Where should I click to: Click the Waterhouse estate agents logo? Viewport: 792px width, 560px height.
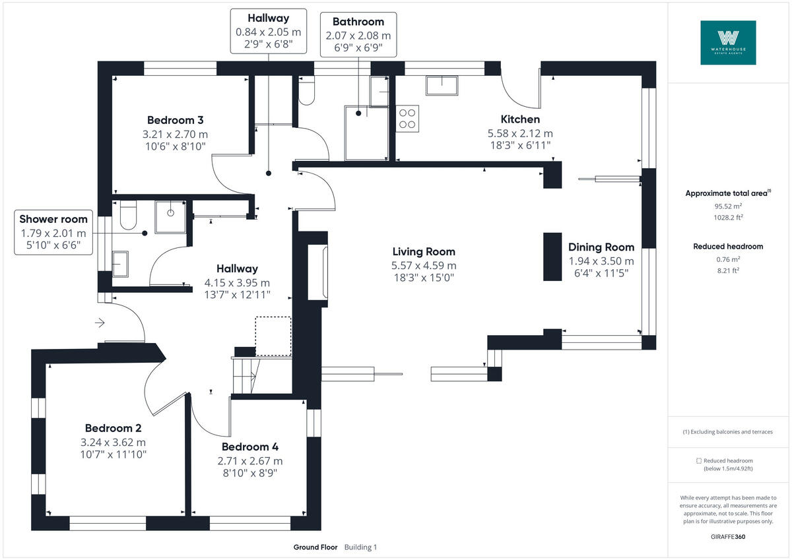point(728,42)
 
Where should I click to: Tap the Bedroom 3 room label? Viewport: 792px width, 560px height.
point(175,120)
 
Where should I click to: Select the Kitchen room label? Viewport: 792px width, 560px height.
point(520,119)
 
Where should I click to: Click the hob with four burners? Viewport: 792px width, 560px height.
point(407,118)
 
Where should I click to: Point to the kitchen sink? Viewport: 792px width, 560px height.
point(442,86)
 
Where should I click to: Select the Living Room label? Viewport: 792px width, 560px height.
point(424,251)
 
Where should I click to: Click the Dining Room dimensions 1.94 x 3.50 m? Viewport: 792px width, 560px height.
point(601,261)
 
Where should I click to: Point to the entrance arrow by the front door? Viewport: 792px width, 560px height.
point(100,323)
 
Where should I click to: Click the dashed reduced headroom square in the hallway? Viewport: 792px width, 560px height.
point(273,336)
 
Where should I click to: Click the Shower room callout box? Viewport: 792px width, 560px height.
point(53,233)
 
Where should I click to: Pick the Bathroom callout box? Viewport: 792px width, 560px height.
point(358,35)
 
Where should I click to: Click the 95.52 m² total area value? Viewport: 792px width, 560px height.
point(727,205)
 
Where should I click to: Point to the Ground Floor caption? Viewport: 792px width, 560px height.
point(315,547)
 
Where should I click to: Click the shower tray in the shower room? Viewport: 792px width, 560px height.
point(171,217)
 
